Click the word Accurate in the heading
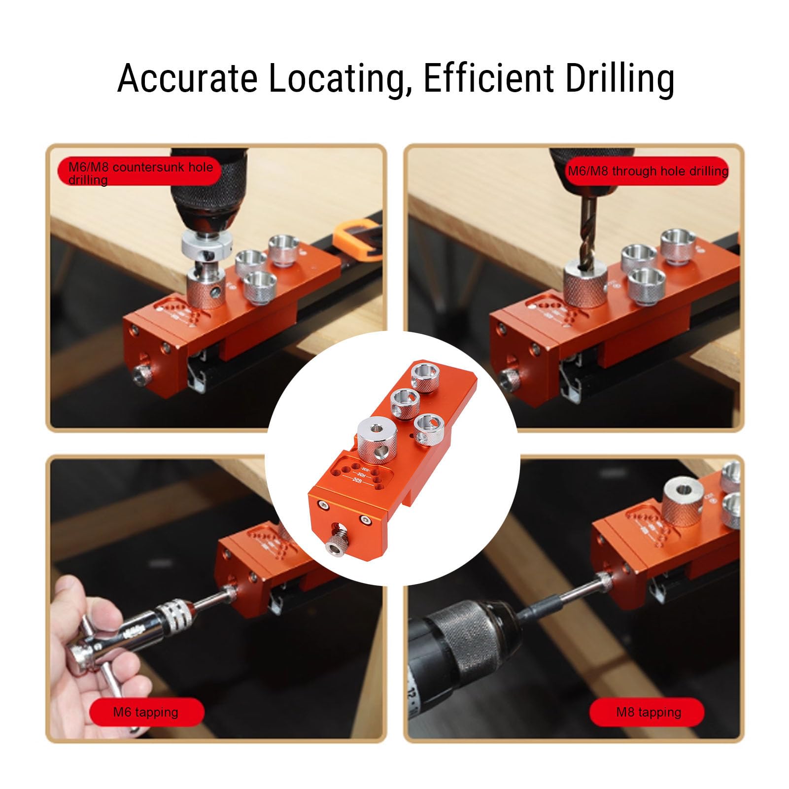pos(187,78)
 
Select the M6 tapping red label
pos(146,712)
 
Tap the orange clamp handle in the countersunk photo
pos(357,241)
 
